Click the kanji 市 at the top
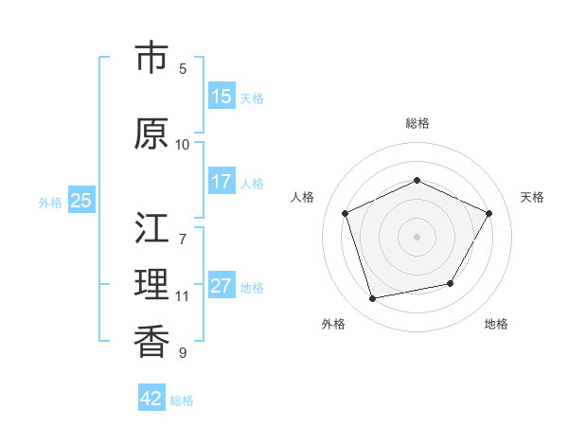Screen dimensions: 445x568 click(152, 60)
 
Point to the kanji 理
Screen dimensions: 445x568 click(152, 284)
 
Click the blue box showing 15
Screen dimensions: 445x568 click(222, 97)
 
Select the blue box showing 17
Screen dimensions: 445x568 click(222, 182)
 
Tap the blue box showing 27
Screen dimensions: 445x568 click(222, 287)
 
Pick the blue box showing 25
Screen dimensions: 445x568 click(80, 200)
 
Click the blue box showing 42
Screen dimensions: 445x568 click(151, 399)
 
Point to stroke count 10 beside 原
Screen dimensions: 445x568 click(183, 145)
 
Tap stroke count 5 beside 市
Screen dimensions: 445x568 click(183, 69)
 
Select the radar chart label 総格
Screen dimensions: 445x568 click(417, 123)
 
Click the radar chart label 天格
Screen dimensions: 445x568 click(532, 197)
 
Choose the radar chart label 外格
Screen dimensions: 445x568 click(333, 325)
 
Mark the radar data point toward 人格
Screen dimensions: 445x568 click(346, 213)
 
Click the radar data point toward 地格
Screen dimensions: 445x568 click(451, 283)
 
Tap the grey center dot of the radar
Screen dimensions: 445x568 click(417, 236)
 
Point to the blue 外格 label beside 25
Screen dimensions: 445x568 click(50, 202)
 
